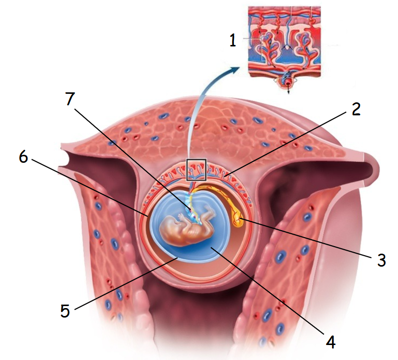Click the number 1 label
click(233, 40)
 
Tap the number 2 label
click(356, 109)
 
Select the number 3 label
click(381, 260)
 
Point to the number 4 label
click(331, 342)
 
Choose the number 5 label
click(65, 311)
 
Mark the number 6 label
click(23, 156)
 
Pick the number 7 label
click(70, 98)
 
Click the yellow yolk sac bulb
click(238, 220)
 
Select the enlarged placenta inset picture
click(284, 48)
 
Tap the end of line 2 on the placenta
click(224, 176)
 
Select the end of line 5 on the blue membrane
click(178, 257)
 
